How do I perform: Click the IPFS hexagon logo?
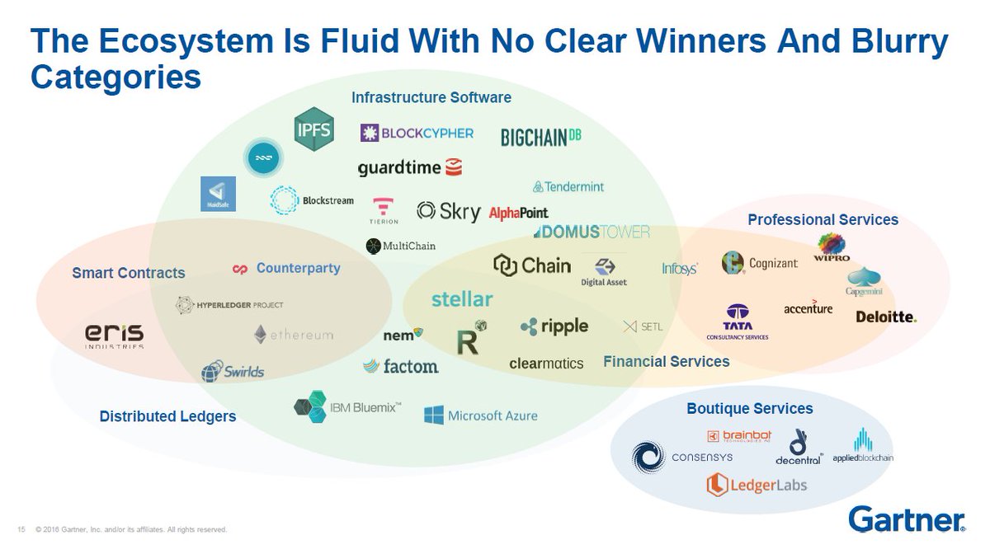click(x=314, y=129)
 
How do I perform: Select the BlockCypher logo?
click(x=417, y=133)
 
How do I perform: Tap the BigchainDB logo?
click(x=541, y=137)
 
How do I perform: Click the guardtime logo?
click(x=409, y=167)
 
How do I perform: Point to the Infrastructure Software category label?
click(x=431, y=98)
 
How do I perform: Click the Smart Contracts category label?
click(x=129, y=273)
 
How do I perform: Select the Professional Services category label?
click(x=823, y=219)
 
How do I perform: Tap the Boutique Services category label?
click(x=749, y=409)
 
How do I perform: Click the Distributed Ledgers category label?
click(x=167, y=416)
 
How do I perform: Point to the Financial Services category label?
click(x=666, y=361)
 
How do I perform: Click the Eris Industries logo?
click(x=115, y=336)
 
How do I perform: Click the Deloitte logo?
click(x=886, y=317)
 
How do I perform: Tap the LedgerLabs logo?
click(x=756, y=485)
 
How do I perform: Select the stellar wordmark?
click(x=462, y=298)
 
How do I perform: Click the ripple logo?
click(x=554, y=326)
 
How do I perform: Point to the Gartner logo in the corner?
click(x=907, y=519)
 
